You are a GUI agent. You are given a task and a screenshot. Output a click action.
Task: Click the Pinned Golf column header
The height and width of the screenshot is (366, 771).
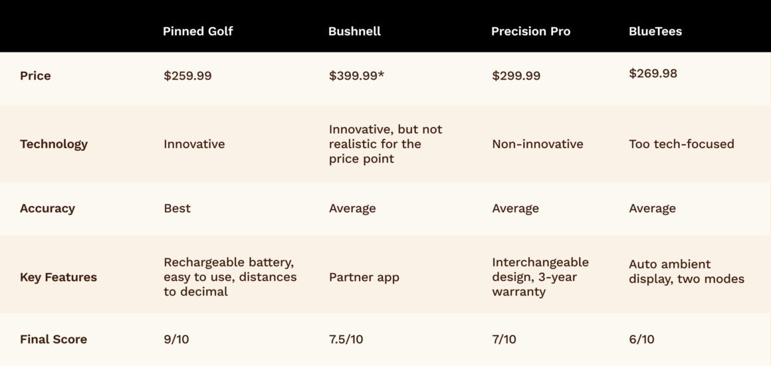197,31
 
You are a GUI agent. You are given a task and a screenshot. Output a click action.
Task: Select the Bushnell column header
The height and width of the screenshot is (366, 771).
354,31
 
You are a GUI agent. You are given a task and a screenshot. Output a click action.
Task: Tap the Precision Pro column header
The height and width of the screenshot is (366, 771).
530,31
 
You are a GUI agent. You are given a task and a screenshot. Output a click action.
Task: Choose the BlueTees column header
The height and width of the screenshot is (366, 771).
655,31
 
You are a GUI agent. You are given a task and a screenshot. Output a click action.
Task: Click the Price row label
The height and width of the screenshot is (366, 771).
35,76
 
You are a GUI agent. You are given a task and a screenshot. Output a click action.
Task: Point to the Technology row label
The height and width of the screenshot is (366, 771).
53,144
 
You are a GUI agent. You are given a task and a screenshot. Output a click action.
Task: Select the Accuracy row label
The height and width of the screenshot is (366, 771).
47,209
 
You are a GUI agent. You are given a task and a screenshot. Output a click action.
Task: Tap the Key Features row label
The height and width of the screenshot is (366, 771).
58,278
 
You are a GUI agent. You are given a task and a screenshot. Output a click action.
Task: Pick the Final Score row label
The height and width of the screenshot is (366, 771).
53,339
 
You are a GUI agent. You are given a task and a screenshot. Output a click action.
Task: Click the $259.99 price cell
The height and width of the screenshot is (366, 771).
187,76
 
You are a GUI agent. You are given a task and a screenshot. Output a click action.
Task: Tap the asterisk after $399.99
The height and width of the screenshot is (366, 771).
382,74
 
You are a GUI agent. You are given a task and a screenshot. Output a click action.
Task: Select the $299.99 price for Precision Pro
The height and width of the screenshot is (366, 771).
516,76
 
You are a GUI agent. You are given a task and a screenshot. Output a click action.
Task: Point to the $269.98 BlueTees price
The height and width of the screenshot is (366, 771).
653,74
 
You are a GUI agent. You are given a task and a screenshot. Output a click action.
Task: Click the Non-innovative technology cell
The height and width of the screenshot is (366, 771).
537,144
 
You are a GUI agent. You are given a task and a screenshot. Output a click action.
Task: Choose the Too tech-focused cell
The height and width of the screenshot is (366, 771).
681,144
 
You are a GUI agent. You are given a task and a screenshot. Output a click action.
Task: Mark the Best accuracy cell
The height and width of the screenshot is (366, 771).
177,209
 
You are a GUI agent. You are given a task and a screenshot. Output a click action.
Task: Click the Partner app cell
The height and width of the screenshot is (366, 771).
364,278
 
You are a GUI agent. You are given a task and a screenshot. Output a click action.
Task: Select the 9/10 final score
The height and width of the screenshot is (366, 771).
176,339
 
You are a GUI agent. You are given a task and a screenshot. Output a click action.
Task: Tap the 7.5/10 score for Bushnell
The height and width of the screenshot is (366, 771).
346,339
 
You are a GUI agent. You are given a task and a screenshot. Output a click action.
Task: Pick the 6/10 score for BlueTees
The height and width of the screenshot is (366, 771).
641,339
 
